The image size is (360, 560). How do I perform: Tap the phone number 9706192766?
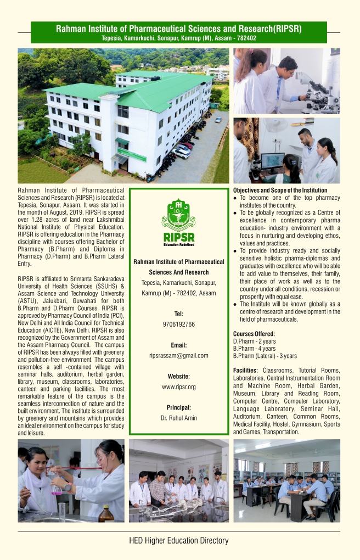178,324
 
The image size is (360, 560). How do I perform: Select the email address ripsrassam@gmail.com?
178,355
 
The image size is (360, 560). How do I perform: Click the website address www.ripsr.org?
178,387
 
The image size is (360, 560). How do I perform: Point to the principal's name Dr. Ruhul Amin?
178,418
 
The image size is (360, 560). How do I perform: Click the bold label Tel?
178,314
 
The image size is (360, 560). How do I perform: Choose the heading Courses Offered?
254,333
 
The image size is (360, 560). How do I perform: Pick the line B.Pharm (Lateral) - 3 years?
265,355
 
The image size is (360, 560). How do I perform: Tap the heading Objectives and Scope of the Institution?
280,190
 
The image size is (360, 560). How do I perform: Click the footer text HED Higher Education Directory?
178,540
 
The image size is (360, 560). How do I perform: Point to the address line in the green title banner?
179,38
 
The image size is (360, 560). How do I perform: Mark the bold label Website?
178,376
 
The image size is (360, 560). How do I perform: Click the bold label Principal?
178,407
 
